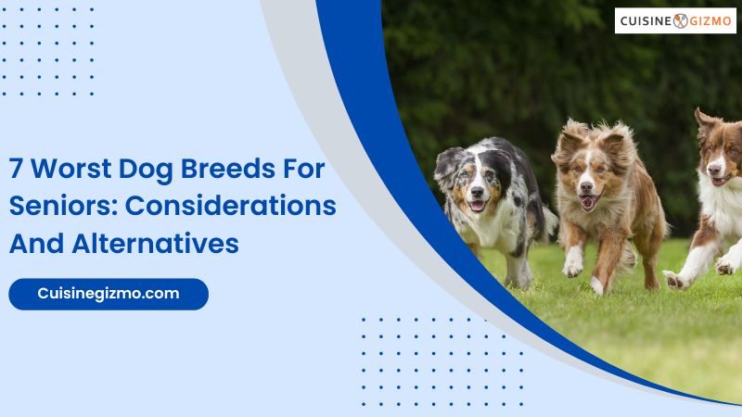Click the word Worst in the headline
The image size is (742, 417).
click(x=71, y=169)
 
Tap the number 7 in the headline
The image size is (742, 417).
click(x=16, y=169)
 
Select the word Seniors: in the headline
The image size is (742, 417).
click(x=63, y=206)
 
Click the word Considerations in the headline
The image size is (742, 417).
click(x=231, y=206)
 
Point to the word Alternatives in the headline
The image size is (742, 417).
click(x=155, y=244)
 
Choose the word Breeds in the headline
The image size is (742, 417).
click(x=228, y=169)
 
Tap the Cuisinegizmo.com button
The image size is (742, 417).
click(x=109, y=294)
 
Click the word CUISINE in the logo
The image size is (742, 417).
click(x=646, y=20)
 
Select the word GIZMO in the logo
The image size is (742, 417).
click(x=710, y=20)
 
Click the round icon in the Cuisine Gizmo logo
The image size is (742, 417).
click(x=681, y=20)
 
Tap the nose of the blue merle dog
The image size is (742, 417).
click(x=477, y=192)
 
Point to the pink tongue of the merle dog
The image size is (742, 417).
click(x=477, y=206)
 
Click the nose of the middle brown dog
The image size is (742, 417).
click(x=586, y=186)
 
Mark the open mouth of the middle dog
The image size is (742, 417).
click(x=588, y=202)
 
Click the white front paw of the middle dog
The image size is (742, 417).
click(x=572, y=265)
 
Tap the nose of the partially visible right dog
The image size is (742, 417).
click(x=713, y=170)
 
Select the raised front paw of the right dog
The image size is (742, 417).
click(x=674, y=280)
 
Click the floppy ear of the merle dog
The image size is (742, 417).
click(x=446, y=163)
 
